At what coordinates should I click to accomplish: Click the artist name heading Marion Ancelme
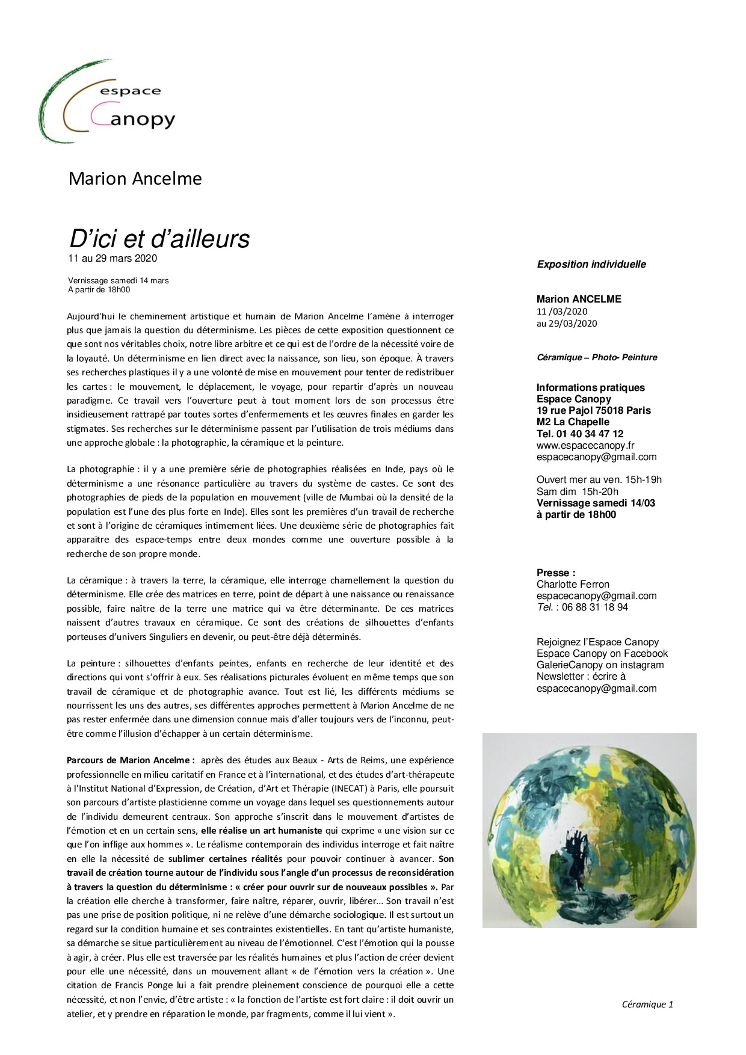click(135, 179)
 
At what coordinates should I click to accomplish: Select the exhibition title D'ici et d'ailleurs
click(159, 239)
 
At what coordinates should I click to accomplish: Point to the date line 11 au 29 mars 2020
click(113, 259)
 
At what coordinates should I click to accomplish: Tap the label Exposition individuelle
click(591, 264)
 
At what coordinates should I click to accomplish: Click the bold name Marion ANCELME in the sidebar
click(579, 299)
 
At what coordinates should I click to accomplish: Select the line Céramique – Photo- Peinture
click(597, 357)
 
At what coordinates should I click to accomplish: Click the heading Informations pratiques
click(590, 387)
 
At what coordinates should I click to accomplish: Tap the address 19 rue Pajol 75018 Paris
click(593, 410)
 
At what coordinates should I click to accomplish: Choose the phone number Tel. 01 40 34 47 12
click(579, 434)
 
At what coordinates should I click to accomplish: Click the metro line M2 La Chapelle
click(573, 422)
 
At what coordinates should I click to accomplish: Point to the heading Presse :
click(555, 573)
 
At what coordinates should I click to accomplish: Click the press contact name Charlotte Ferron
click(573, 584)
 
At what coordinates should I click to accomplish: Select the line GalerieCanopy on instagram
click(600, 665)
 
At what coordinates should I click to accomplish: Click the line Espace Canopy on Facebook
click(602, 653)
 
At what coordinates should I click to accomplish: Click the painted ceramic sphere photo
click(589, 830)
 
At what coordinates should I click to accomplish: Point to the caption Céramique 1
click(647, 1004)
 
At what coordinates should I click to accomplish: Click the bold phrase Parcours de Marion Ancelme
click(130, 760)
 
